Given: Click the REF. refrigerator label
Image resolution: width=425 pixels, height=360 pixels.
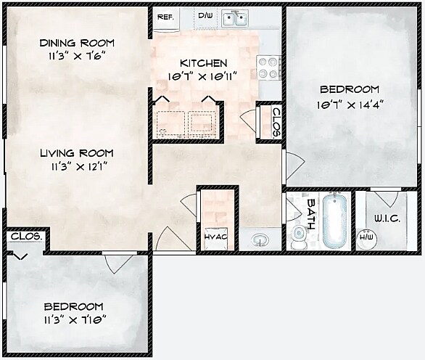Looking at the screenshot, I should [x=165, y=16].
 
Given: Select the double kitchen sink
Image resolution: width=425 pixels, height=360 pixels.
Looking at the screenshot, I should [x=237, y=17].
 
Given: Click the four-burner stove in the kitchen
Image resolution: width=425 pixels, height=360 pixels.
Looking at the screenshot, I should [x=269, y=67].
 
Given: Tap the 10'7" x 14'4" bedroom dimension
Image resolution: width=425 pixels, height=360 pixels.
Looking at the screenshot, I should [x=351, y=104].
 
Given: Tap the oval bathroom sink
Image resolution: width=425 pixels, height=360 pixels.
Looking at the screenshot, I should [x=259, y=239].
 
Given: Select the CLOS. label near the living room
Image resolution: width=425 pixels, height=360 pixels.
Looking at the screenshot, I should [x=26, y=237].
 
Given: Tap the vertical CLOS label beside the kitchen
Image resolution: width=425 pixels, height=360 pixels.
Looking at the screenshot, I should [x=276, y=120].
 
